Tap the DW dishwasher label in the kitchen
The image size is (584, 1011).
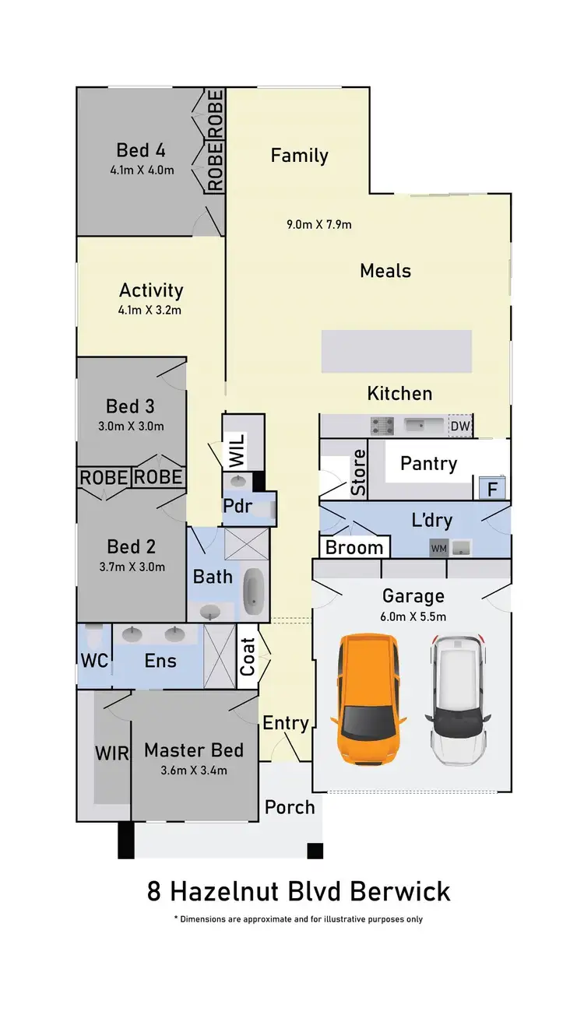459,427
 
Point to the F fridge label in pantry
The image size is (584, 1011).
491,490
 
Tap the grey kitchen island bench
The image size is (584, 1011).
396,351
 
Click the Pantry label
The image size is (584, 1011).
428,463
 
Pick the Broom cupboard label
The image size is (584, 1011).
354,547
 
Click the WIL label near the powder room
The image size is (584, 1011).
237,451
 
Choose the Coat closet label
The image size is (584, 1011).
248,656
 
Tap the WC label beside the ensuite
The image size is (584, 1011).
94,662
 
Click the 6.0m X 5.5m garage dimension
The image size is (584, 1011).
413,616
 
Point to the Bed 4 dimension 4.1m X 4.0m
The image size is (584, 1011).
141,170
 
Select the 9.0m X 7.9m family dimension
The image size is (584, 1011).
319,225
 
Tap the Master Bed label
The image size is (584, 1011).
194,751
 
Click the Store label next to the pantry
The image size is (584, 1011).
358,472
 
